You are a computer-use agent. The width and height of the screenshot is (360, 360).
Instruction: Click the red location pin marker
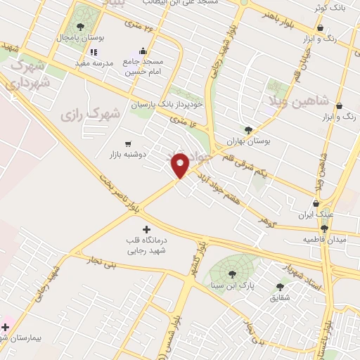click(181, 165)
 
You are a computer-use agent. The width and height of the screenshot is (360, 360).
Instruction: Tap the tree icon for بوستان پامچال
click(80, 27)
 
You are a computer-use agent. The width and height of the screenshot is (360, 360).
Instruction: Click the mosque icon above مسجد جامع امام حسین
click(143, 51)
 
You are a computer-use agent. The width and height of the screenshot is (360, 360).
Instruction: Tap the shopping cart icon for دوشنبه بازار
click(127, 144)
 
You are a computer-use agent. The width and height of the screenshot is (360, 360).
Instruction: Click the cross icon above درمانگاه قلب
click(146, 229)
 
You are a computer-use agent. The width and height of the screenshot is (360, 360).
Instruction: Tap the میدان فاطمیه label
click(324, 240)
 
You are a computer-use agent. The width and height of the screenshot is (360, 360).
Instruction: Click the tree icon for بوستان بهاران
click(248, 129)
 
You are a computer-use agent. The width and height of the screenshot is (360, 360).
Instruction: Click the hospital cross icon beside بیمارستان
click(6, 327)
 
